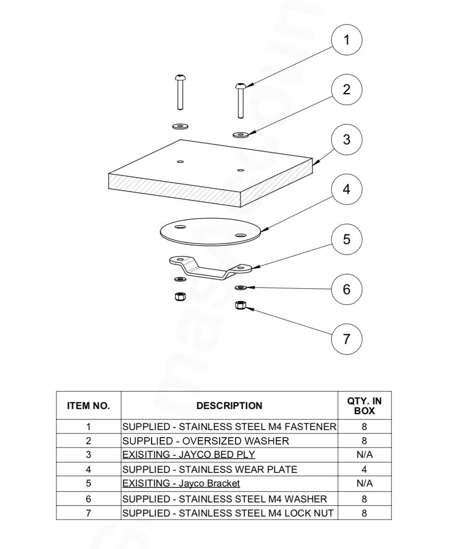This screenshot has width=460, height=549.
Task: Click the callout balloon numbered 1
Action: [346, 40]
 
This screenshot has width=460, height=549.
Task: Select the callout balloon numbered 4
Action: [346, 189]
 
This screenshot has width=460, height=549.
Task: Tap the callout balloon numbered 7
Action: [346, 339]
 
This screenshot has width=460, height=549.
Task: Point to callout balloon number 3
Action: [346, 140]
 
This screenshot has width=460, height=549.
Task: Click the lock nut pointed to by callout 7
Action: [241, 305]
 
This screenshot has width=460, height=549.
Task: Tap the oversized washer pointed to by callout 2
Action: [241, 135]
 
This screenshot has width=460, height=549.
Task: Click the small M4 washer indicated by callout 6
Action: [241, 287]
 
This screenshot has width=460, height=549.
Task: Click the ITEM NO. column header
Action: [88, 406]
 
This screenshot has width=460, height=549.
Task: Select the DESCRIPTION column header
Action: [229, 406]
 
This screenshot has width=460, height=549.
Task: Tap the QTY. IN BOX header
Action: [364, 406]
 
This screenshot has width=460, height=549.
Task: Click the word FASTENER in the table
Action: [311, 427]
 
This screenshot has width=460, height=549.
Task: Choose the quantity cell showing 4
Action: [364, 469]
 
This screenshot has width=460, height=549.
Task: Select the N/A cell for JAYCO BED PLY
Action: [364, 455]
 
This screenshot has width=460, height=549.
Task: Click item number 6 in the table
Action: [88, 499]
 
